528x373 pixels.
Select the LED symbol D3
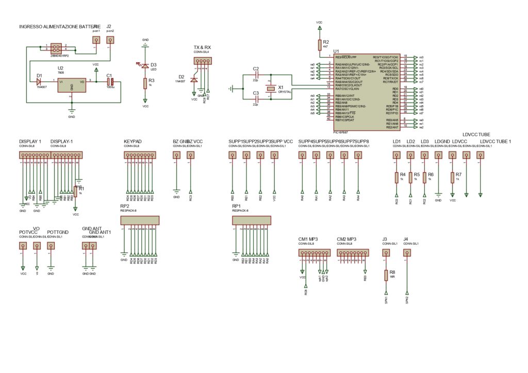pos(145,65)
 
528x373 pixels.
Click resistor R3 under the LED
pos(145,84)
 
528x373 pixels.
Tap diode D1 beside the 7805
pos(39,81)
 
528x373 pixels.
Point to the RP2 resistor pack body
pos(139,221)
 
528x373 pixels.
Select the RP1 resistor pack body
pos(251,221)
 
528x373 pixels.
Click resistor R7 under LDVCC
pos(452,177)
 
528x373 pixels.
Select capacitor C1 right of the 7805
pos(109,81)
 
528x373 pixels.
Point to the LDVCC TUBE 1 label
pos(495,141)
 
